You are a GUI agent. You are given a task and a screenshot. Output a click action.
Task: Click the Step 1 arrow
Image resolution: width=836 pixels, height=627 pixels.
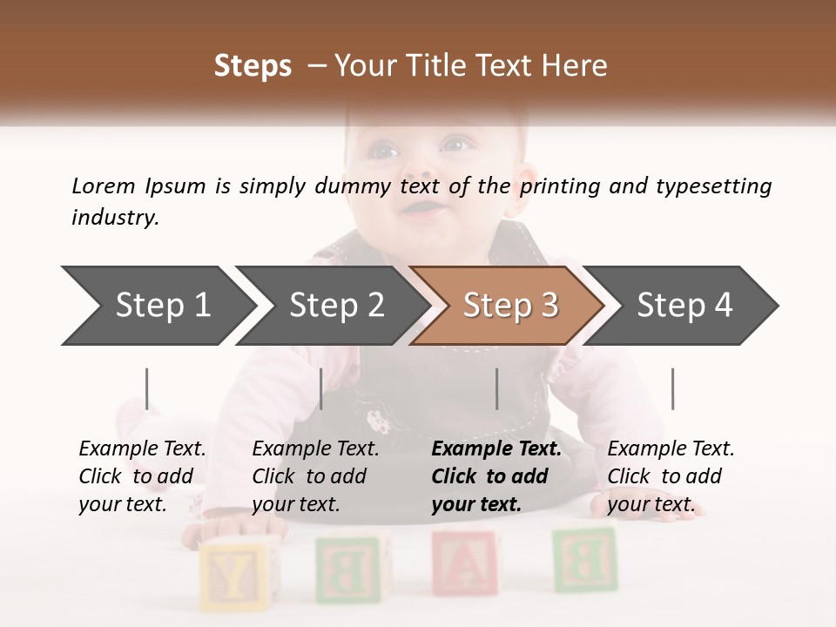[x=157, y=306]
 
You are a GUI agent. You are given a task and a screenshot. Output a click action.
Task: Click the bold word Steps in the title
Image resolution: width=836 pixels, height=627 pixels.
[x=253, y=66]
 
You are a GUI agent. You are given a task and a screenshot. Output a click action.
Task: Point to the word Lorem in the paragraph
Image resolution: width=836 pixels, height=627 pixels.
[x=104, y=185]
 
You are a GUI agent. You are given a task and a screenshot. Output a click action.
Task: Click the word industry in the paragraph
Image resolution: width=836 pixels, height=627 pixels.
[x=115, y=218]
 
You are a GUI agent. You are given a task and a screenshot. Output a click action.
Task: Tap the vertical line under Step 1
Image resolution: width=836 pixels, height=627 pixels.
[x=147, y=388]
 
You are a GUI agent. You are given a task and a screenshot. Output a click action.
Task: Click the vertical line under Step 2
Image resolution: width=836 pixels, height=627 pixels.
[x=321, y=388]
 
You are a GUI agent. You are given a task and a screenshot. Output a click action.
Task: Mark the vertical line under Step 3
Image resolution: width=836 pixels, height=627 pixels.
[x=497, y=388]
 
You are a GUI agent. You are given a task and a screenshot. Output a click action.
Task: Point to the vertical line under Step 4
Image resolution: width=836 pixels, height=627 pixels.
[x=672, y=388]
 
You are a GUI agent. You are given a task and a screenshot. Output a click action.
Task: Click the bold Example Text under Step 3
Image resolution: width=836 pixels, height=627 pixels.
[x=496, y=449]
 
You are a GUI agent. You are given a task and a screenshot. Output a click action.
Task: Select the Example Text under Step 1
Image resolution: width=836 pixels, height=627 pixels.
[x=142, y=449]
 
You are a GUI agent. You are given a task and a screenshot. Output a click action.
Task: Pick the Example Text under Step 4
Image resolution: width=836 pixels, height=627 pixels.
[x=671, y=449]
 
